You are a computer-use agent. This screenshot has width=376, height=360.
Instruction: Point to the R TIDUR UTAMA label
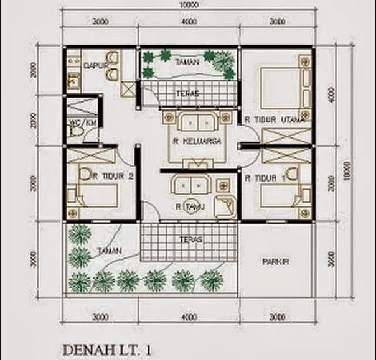(x=275, y=119)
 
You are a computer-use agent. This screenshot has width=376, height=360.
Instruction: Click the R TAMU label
(x=187, y=205)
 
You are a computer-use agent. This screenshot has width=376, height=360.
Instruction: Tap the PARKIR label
(x=276, y=262)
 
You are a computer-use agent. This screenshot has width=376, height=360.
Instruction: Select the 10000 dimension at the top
(x=188, y=5)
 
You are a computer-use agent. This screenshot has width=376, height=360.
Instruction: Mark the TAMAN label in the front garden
(x=109, y=251)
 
